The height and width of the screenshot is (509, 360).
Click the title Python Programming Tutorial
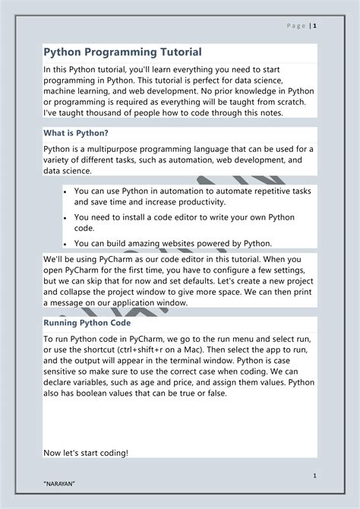click(122, 52)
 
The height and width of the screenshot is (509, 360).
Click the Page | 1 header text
click(302, 26)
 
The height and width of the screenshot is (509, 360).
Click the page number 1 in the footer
click(313, 475)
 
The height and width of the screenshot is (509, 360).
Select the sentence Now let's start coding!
click(86, 453)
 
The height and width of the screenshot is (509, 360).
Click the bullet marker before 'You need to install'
click(66, 217)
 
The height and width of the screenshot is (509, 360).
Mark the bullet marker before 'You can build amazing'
click(66, 243)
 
